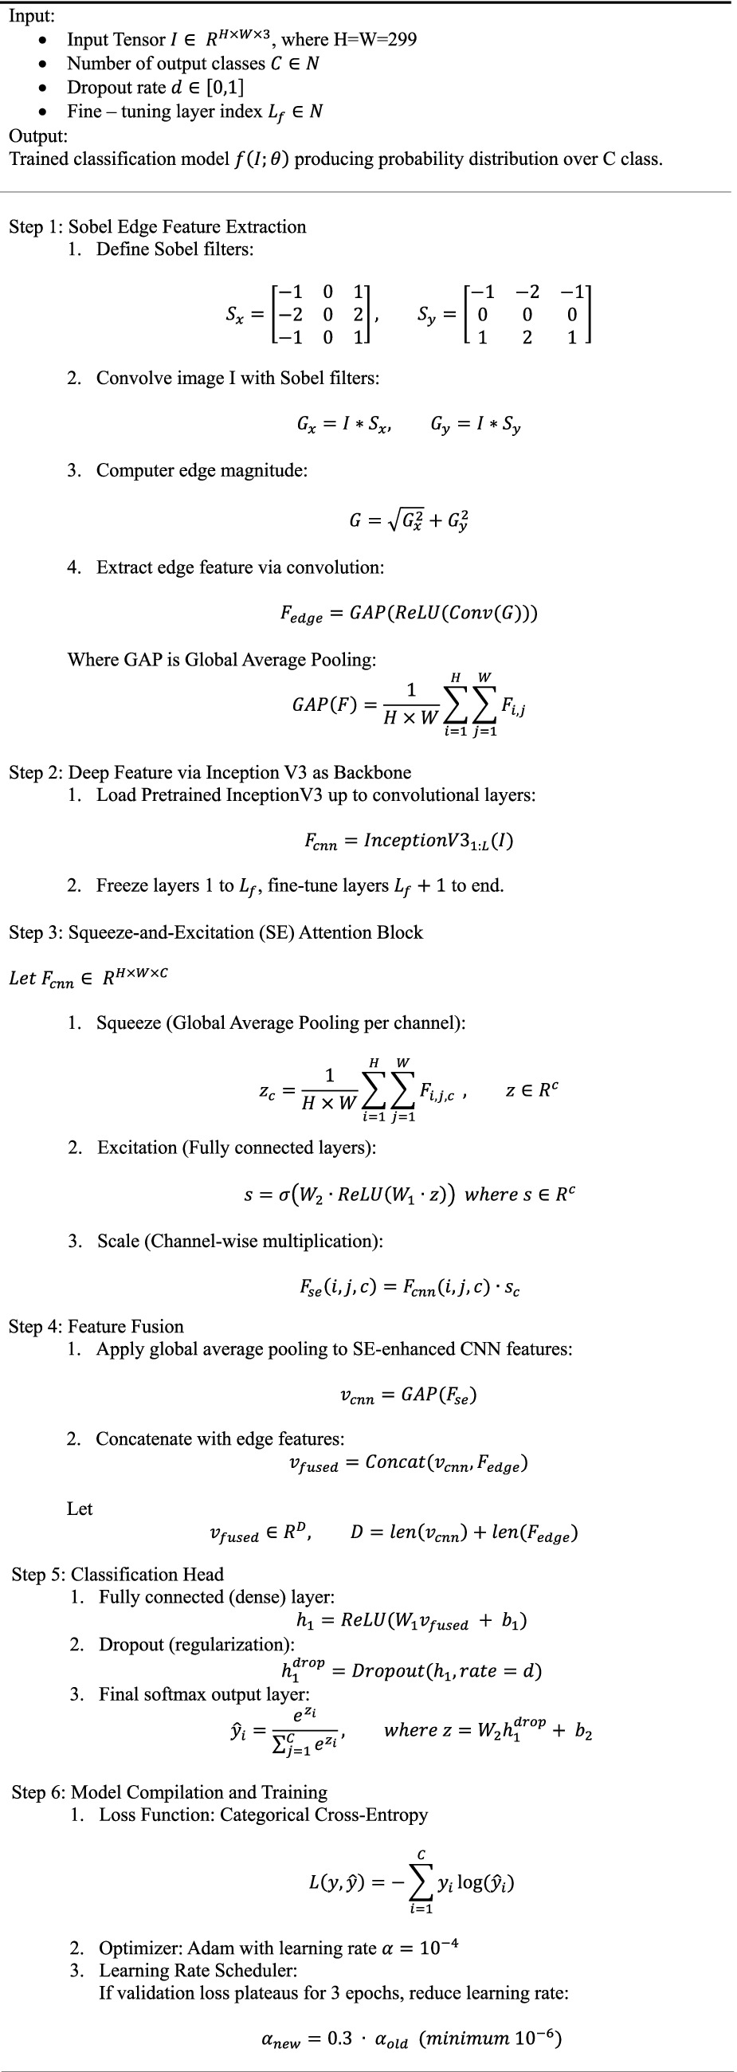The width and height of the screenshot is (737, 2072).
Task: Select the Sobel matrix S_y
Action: point(527,315)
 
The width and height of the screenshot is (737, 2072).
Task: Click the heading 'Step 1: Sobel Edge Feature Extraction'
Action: point(158,227)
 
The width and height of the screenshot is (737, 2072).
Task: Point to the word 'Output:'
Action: point(37,135)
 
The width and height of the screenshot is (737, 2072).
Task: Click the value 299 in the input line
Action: point(401,39)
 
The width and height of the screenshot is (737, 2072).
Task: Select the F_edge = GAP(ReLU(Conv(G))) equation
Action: point(409,614)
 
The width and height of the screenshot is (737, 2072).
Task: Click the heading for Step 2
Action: point(210,772)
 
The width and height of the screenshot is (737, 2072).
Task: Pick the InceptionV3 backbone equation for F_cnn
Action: point(409,842)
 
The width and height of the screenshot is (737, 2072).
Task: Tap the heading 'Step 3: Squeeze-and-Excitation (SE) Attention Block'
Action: point(216,932)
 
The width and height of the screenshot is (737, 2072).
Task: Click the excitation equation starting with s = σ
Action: point(409,1195)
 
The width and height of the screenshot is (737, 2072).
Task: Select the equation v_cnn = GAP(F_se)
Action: point(409,1395)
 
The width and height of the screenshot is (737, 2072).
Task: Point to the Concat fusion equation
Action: point(409,1463)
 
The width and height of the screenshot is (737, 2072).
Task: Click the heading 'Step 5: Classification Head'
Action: point(117,1574)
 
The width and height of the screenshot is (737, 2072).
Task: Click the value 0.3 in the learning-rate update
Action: point(339,2039)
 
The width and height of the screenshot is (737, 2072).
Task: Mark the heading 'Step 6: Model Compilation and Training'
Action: point(170,1792)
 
